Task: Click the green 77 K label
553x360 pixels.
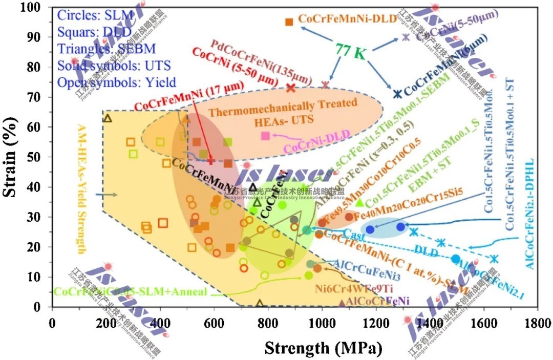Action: click(x=351, y=51)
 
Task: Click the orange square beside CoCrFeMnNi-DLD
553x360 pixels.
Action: click(x=289, y=22)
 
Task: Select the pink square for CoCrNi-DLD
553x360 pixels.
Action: click(x=265, y=136)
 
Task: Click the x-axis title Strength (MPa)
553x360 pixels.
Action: click(x=323, y=348)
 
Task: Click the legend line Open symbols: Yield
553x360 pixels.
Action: click(x=117, y=82)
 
